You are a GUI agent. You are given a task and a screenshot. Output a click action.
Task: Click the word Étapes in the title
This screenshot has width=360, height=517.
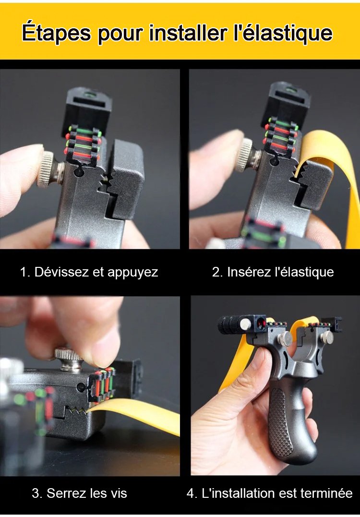tap(56, 32)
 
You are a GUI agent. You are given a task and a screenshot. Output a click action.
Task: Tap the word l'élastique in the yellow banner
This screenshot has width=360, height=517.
tap(283, 32)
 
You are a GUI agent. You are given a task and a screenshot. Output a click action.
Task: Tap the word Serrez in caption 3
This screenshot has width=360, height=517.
tap(66, 493)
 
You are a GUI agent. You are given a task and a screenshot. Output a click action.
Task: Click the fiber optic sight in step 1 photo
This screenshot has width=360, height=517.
tap(83, 142)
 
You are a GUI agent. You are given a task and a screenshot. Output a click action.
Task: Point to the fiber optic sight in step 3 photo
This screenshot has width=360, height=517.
tap(102, 385)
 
